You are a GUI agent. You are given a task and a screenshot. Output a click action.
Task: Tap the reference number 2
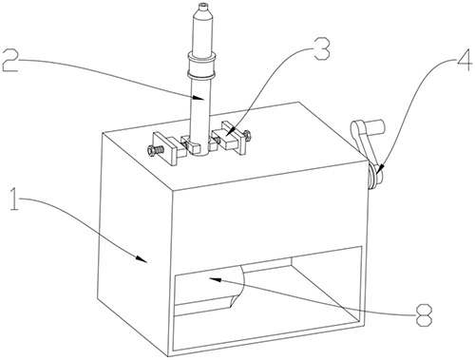(x=9, y=60)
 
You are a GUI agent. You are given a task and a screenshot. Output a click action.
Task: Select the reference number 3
(x=321, y=48)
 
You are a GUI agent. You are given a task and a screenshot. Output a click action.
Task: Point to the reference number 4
(x=463, y=59)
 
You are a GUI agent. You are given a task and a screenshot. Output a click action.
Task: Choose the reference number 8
(x=424, y=315)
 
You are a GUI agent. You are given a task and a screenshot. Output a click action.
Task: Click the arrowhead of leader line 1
(x=142, y=258)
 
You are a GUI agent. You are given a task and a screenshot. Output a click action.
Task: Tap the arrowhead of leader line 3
(x=229, y=131)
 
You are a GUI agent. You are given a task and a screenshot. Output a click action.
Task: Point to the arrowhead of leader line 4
(x=380, y=168)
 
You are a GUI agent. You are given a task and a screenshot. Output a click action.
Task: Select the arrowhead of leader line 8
(x=214, y=279)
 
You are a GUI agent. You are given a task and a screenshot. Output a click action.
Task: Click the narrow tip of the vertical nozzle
(x=202, y=5)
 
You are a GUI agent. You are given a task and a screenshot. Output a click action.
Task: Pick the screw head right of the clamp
(x=247, y=135)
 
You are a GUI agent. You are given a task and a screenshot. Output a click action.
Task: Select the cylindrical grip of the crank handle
(x=374, y=126)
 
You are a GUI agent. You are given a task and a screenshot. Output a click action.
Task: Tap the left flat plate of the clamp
(x=164, y=148)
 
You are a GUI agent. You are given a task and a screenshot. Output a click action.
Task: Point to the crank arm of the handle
(x=364, y=143)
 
